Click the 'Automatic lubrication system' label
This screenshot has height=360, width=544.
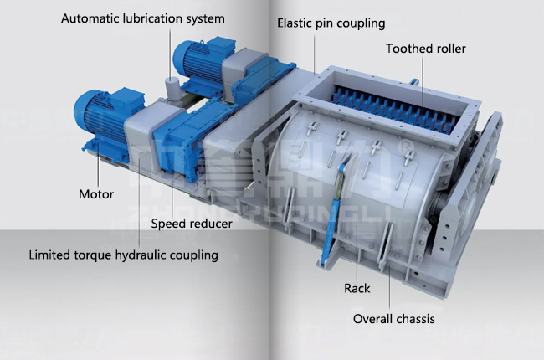click(143, 18)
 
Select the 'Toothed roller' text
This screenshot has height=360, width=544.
click(425, 49)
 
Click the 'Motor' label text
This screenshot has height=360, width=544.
click(96, 194)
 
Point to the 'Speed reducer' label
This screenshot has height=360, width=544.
click(192, 224)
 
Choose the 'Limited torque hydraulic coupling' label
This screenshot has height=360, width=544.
click(123, 255)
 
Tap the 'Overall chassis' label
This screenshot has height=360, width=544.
click(393, 318)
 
